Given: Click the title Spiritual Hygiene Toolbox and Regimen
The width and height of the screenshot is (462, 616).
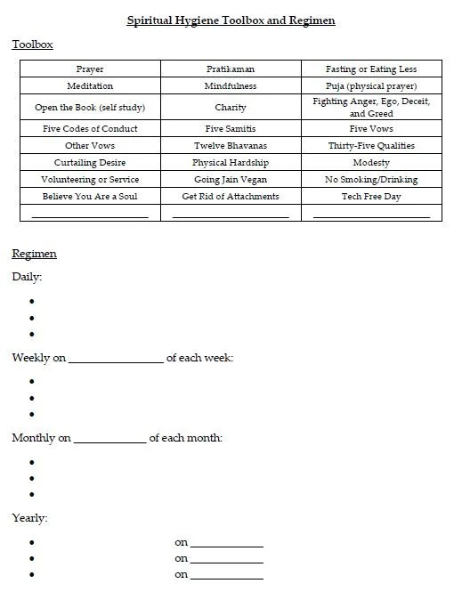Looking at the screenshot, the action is pos(231,20).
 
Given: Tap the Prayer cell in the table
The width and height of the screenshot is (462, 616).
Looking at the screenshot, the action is pos(90,69).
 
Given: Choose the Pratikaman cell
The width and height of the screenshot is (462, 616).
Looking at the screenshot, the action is pos(231,69).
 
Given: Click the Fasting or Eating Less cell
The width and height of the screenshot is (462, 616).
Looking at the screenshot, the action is pos(371,69).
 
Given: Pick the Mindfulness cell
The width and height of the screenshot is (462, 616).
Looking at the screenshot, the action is pos(231,86).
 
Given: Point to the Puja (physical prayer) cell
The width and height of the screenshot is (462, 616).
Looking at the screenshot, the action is pos(371,86).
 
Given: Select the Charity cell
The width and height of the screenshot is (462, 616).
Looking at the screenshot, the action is pos(231,108).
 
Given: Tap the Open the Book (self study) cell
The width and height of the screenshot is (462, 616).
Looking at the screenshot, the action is pos(90,108).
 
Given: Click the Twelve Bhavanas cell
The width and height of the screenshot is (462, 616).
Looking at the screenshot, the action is pos(231,146).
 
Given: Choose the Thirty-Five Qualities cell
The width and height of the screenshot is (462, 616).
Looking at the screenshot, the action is pos(371,146).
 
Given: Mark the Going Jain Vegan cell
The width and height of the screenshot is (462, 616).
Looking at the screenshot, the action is pos(231,180).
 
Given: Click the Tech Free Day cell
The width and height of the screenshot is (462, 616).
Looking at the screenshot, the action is pos(371,197).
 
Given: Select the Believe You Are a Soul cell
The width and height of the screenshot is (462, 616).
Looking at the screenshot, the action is pos(90,197).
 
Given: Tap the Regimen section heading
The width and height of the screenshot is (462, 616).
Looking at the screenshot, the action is pos(34,254).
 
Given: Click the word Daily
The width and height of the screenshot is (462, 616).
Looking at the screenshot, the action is pos(27,277).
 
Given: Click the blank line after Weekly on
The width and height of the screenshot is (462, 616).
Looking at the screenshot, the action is pos(116,360).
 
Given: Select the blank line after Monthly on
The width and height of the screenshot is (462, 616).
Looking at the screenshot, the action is pos(109,440).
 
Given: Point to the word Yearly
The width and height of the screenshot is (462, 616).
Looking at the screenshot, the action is pos(29,517).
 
